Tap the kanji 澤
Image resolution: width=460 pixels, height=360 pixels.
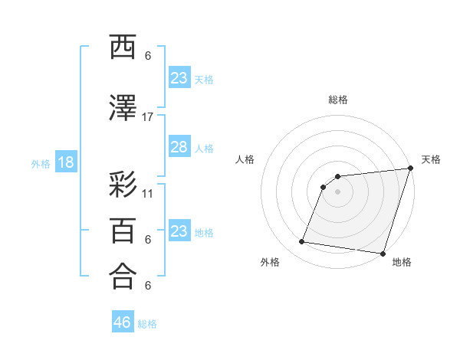123,110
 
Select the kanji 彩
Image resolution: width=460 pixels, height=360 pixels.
123,187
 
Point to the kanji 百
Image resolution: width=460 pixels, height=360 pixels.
123,231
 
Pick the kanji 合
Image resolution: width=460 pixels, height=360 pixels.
123,276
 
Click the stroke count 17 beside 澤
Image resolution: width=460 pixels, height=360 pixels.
148,116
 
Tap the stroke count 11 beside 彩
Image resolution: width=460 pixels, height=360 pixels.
148,193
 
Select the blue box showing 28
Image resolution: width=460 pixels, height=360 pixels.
179,148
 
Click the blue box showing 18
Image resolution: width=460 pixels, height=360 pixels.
65,163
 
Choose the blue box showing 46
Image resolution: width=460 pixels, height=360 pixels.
123,322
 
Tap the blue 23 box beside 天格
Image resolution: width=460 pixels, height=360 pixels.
179,78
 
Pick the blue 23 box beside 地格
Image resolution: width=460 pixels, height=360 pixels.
179,232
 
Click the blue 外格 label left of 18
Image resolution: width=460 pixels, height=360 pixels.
41,164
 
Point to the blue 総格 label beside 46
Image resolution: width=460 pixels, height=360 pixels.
147,324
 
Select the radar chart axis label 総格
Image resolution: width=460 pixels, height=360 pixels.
338,100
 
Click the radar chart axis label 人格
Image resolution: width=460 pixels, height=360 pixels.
245,159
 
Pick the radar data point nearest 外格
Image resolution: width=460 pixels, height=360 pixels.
302,242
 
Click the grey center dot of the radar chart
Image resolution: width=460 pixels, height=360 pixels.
338,192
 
